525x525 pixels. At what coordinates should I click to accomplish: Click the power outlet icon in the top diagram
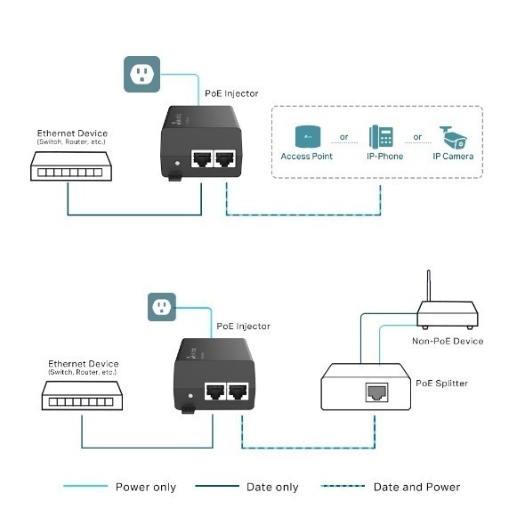click(x=141, y=74)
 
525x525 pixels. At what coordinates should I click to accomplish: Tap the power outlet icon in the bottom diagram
click(x=163, y=308)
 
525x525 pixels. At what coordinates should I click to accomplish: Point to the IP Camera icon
click(x=454, y=137)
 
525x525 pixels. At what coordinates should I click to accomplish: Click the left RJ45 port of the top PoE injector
click(x=202, y=159)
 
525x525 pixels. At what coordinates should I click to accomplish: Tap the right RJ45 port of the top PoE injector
click(x=227, y=159)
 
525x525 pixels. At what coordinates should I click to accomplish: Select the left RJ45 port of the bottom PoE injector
click(x=214, y=391)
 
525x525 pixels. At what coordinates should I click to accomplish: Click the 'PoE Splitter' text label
click(x=442, y=384)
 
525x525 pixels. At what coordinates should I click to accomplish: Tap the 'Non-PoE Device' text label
click(x=448, y=341)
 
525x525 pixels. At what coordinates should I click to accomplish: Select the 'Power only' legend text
click(x=146, y=487)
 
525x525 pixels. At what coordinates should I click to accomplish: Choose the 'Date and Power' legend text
click(x=417, y=487)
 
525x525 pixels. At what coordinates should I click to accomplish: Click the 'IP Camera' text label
click(x=454, y=157)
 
